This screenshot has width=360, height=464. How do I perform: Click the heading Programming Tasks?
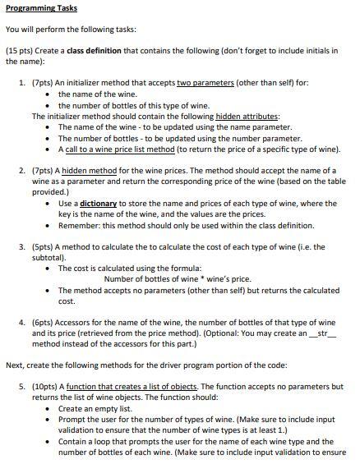41,8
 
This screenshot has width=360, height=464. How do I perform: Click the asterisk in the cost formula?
196,278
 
